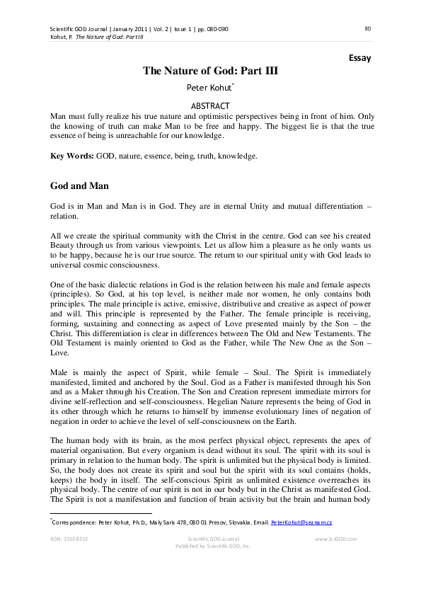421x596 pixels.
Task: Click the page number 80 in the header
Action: click(x=367, y=29)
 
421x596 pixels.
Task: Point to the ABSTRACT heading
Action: click(x=210, y=105)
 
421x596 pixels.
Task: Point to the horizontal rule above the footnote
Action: click(x=100, y=514)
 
